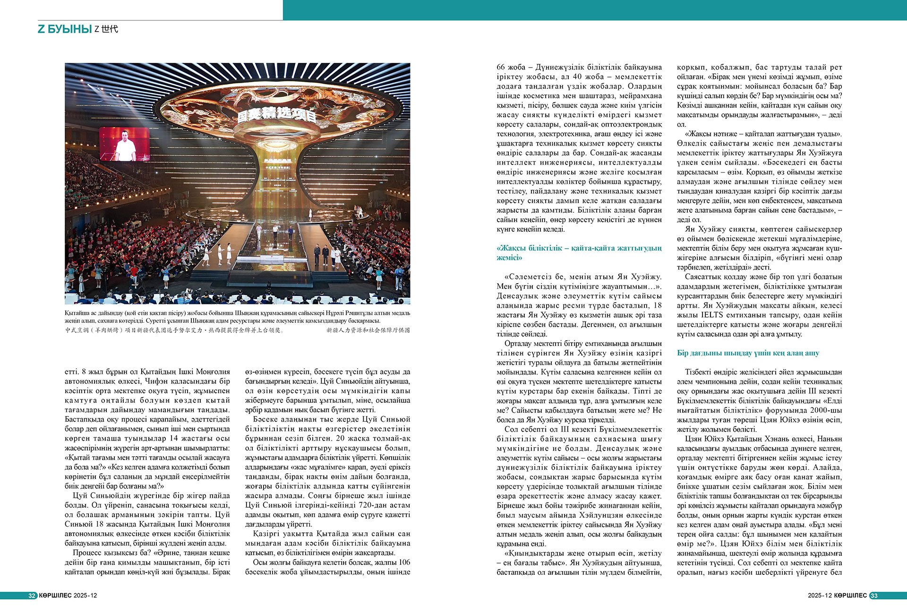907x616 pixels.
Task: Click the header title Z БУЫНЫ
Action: click(65, 29)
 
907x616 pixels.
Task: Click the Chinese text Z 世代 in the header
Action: click(106, 29)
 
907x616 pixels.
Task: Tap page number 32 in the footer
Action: click(32, 596)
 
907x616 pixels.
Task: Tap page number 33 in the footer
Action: click(874, 596)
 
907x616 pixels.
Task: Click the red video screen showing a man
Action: click(124, 144)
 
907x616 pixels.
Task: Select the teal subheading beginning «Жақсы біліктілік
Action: click(579, 253)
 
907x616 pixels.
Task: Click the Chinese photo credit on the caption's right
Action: click(368, 330)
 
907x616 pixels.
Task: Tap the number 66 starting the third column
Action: click(501, 67)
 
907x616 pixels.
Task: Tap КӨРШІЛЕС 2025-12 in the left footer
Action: click(68, 596)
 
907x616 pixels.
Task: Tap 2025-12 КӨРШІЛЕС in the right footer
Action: click(837, 596)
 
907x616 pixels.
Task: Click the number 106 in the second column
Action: click(404, 563)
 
